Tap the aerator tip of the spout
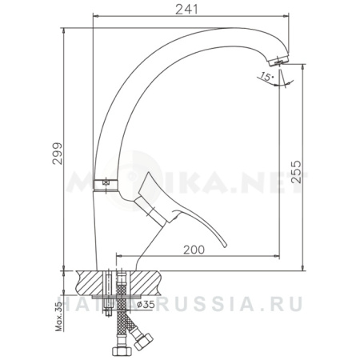(x=278, y=60)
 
